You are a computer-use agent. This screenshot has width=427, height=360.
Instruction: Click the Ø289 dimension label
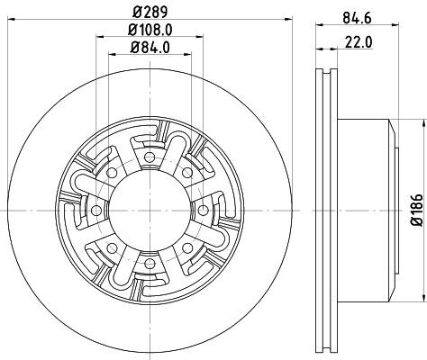pos(148,12)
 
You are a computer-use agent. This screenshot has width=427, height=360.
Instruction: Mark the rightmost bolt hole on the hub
pos(201,208)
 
